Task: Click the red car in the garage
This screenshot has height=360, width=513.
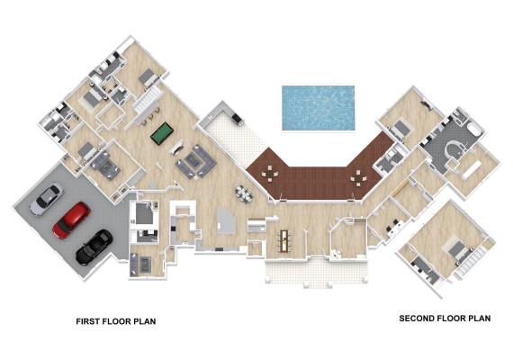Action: click(x=71, y=220)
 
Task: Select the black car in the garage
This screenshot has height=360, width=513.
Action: click(x=94, y=247)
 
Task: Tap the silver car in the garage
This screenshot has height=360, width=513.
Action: click(x=46, y=199)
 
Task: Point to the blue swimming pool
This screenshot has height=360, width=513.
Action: click(x=319, y=108)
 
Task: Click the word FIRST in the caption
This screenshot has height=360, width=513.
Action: click(x=88, y=321)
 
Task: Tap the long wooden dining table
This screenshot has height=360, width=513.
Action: click(x=283, y=241)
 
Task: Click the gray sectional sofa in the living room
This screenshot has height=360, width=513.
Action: click(x=195, y=161)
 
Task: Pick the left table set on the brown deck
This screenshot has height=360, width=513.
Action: click(x=270, y=174)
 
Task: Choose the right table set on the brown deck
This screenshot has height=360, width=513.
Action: click(x=358, y=177)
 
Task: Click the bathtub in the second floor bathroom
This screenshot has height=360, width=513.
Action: click(x=476, y=130)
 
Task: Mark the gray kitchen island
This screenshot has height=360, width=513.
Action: click(x=226, y=220)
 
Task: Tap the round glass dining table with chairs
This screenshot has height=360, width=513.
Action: click(x=244, y=193)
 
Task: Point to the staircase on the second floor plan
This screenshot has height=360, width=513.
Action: click(x=470, y=262)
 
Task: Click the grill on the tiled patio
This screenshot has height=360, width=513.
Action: click(x=237, y=118)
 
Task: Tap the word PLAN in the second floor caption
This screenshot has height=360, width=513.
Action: click(x=480, y=318)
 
